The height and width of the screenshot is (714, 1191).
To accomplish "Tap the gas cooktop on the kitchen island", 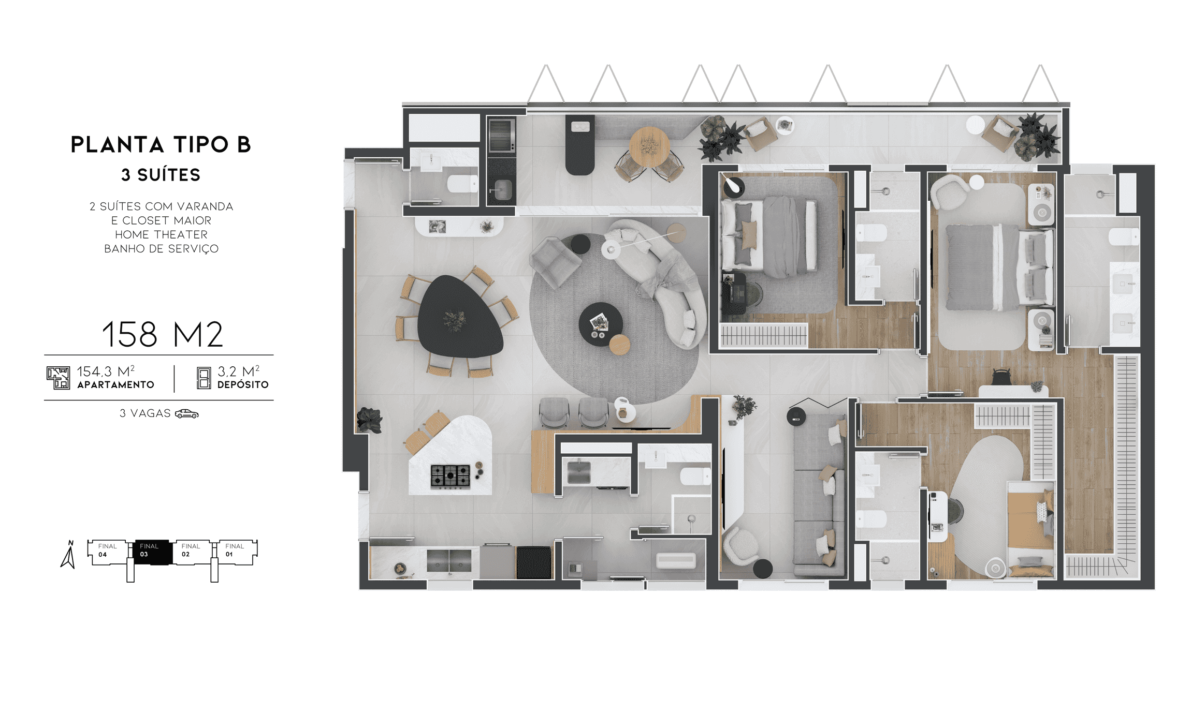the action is [x=450, y=476].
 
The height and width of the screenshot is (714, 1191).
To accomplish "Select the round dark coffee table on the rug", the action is [x=600, y=324].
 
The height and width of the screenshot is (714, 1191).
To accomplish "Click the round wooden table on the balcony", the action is [x=649, y=147].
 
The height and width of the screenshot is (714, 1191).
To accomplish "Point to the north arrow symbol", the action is [x=68, y=554].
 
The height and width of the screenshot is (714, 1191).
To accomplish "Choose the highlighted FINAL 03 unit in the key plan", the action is [x=152, y=552].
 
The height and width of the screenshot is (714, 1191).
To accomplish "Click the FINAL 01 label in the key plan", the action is [x=234, y=550].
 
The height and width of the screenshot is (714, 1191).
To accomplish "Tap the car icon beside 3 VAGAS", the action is [x=186, y=413].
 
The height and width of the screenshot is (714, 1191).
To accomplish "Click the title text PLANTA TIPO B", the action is [x=161, y=145].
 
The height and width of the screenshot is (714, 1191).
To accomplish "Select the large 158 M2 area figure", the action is [x=162, y=334].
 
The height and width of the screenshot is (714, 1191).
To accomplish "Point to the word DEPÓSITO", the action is [x=243, y=385].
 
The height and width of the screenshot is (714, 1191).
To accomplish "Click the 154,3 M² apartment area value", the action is [x=106, y=371].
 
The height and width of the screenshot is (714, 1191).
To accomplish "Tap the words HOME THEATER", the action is [x=161, y=235].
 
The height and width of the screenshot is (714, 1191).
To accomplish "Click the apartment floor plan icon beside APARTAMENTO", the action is [x=58, y=378].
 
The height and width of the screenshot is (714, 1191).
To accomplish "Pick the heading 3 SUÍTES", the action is [x=161, y=175].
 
